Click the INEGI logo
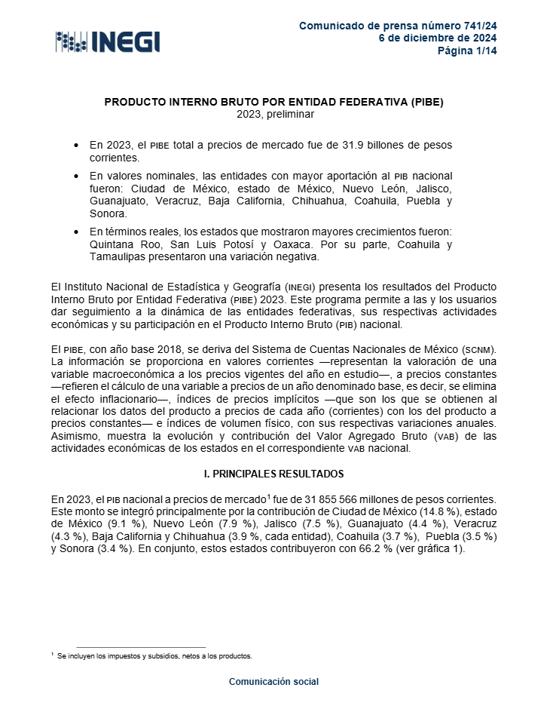click(108, 41)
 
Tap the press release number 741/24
click(477, 26)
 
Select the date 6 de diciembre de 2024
click(437, 38)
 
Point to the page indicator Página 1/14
click(467, 51)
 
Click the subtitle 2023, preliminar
click(274, 114)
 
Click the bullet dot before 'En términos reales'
click(75, 231)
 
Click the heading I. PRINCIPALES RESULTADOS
click(274, 474)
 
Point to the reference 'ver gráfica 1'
click(435, 549)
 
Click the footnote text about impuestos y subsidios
click(154, 656)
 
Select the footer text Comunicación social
click(274, 682)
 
